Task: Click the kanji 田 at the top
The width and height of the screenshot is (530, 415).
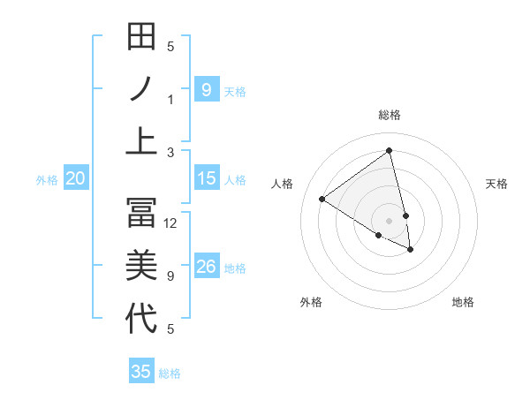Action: pos(141,37)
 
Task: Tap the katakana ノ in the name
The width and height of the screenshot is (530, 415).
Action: pos(141,90)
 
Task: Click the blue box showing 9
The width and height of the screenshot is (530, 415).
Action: pos(206,89)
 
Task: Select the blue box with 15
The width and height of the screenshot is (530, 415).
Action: pos(206,179)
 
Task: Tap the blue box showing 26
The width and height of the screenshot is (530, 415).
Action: pos(206,268)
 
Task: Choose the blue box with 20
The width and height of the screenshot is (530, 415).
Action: pos(75,179)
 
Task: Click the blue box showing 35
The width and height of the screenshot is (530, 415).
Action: pos(141,372)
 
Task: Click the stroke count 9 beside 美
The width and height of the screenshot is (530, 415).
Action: pos(170,276)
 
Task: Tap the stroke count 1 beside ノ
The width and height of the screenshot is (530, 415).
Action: pos(170,100)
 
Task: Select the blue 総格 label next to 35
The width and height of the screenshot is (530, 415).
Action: pos(170,373)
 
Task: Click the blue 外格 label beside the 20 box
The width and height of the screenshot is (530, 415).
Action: pos(47,180)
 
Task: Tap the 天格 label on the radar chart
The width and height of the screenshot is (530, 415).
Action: pos(497,184)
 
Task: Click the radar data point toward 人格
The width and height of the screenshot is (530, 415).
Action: pos(322,199)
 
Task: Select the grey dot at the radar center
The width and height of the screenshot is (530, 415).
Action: pos(389,220)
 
